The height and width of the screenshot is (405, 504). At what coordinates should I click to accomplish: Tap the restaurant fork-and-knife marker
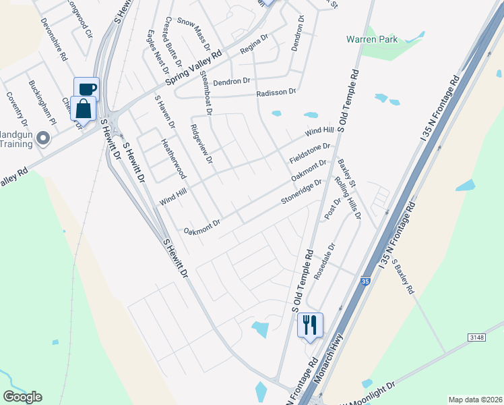[310, 325]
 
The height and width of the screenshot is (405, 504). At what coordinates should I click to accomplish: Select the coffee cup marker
[86, 88]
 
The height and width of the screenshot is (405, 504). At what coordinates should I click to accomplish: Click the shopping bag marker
[83, 108]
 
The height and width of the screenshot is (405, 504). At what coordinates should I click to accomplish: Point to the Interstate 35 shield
[365, 281]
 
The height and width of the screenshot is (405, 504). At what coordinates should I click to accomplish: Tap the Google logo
[22, 396]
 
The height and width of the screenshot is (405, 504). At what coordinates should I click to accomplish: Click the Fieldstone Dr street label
[310, 153]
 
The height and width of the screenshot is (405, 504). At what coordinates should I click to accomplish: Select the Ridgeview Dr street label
[201, 145]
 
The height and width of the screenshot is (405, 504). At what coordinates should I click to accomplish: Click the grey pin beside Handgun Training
[44, 139]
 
